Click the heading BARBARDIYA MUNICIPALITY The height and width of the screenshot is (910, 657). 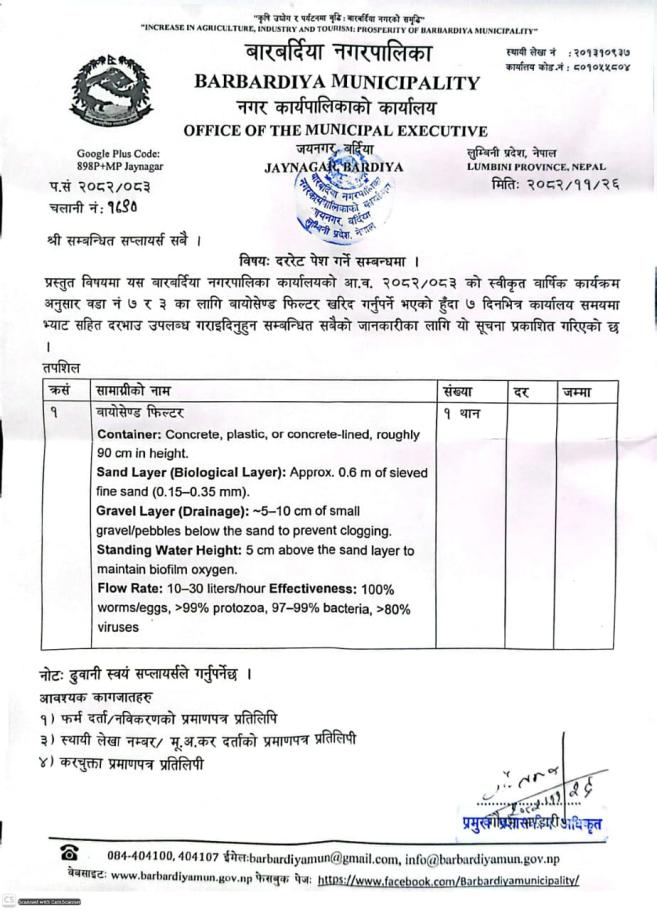click(337, 81)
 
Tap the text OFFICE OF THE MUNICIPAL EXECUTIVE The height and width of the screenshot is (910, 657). click(335, 131)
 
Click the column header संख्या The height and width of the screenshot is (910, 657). click(456, 391)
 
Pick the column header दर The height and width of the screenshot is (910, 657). click(521, 391)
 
